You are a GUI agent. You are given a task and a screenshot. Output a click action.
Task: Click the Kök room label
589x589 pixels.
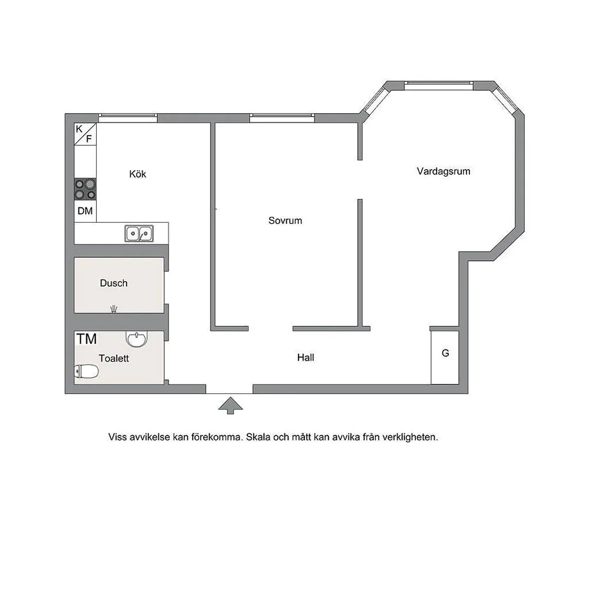[x=137, y=174]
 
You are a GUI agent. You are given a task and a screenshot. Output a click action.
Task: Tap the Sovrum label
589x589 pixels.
[x=285, y=220]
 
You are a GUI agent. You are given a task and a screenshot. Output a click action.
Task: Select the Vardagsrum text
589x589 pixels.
[x=444, y=171]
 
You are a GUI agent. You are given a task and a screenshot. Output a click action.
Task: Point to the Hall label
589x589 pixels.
[x=305, y=358]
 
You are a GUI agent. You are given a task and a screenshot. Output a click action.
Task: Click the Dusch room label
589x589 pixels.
[x=114, y=283]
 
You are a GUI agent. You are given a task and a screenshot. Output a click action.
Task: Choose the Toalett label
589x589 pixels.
[x=114, y=358]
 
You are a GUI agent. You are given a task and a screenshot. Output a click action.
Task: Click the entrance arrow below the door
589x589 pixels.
[x=231, y=406]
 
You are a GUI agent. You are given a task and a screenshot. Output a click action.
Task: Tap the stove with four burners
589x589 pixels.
[x=85, y=189]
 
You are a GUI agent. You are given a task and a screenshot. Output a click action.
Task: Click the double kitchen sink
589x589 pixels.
[x=139, y=233]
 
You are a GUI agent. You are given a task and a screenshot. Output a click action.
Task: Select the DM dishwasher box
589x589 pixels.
[x=85, y=211]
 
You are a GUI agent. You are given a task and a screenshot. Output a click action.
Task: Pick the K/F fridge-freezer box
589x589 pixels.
[x=85, y=134]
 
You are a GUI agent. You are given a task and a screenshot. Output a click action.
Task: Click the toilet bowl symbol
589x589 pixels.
[x=87, y=372]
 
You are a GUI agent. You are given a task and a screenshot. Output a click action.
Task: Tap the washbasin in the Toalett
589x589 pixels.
[x=137, y=339]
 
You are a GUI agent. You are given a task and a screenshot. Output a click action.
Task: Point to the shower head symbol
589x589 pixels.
[x=114, y=309]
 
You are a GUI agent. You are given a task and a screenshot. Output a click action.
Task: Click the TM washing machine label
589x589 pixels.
[x=87, y=339]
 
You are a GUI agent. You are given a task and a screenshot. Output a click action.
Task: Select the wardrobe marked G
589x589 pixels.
[x=445, y=358]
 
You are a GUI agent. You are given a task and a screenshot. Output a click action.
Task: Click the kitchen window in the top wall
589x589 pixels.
[x=128, y=118]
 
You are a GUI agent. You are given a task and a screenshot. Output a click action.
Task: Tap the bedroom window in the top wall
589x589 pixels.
[x=282, y=118]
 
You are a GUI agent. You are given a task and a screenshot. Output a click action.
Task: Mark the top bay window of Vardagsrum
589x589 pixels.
[x=439, y=85]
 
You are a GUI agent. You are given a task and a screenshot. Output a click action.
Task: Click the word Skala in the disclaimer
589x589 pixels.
[x=259, y=437]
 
